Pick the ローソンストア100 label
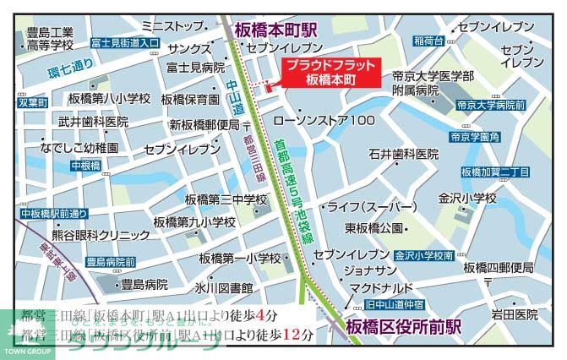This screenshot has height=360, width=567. (336, 121)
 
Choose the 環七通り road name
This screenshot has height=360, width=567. (70, 66)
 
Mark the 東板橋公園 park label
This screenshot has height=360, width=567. (374, 228)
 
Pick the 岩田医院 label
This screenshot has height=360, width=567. (515, 314)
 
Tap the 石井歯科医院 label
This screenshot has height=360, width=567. (403, 155)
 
